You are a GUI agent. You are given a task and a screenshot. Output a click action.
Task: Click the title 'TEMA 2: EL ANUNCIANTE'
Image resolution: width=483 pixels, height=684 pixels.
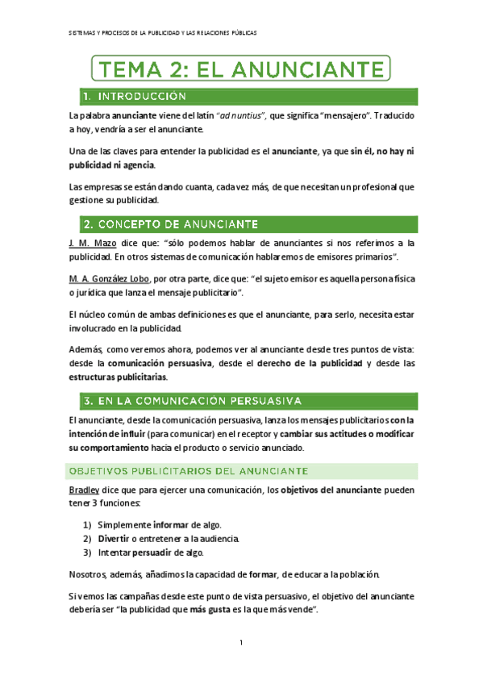pyautogui.click(x=242, y=67)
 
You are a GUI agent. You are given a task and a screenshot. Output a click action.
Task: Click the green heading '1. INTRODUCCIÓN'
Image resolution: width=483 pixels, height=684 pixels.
pyautogui.click(x=135, y=97)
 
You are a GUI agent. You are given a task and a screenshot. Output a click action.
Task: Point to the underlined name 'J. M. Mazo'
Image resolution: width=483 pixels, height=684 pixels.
pyautogui.click(x=94, y=242)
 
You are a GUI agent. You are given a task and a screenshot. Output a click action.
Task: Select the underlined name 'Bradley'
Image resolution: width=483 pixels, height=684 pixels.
pyautogui.click(x=85, y=490)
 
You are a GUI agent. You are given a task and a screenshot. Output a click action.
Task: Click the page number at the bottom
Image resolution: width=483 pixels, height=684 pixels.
pyautogui.click(x=241, y=642)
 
